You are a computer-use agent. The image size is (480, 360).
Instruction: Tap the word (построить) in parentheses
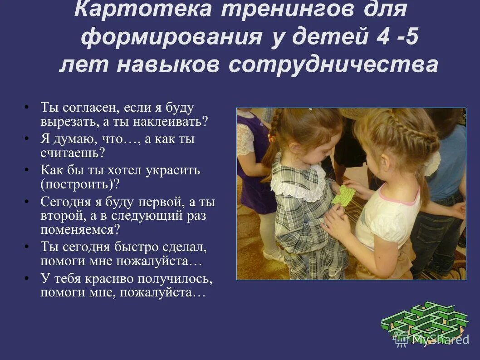click(80, 184)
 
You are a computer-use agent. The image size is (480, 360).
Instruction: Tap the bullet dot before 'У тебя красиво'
click(27, 279)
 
